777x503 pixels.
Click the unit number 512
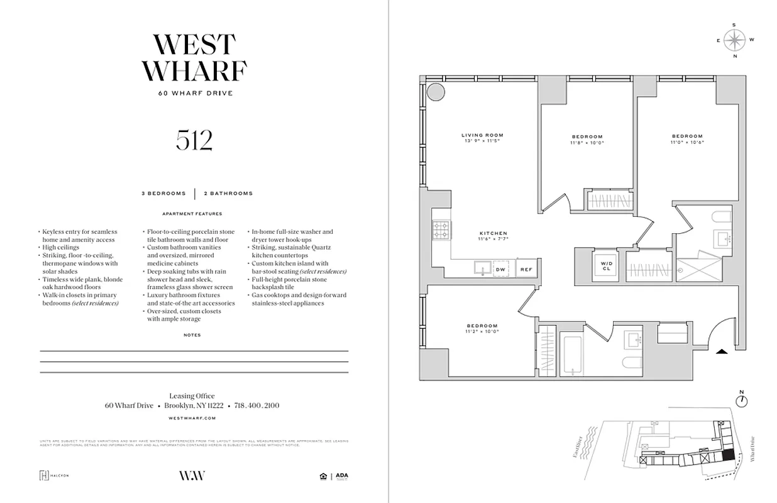[x=194, y=141]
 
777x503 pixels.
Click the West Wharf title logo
[x=194, y=58]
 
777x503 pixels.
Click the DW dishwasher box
[x=501, y=269]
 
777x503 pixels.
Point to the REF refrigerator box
[x=525, y=269]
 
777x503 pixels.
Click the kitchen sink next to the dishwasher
[x=482, y=268]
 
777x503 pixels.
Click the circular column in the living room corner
[x=434, y=92]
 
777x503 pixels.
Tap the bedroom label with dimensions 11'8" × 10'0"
[x=587, y=140]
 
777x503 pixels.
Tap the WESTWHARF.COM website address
[x=194, y=417]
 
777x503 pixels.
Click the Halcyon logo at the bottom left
[x=54, y=475]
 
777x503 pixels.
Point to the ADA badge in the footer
[x=341, y=476]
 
